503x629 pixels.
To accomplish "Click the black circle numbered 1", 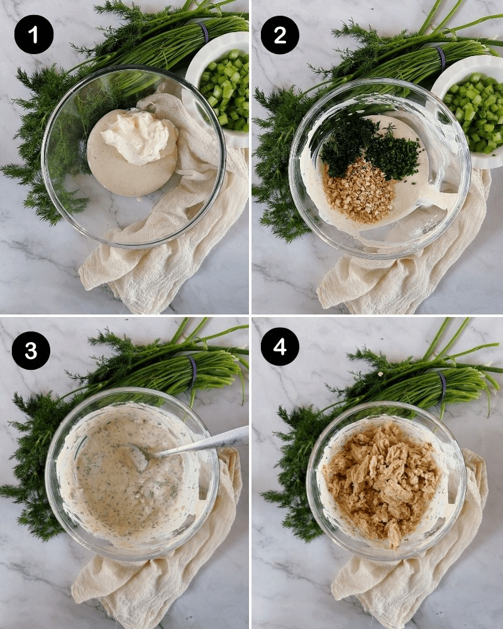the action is tap(34, 35).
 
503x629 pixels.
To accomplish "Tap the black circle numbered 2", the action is tap(280, 35).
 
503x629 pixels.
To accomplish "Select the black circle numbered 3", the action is tap(31, 350).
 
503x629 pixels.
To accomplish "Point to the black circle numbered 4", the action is tap(280, 346).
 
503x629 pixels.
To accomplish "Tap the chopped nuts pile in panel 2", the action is tap(359, 190).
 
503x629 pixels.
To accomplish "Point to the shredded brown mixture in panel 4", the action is tap(382, 483).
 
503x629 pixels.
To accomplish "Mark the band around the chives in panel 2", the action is tap(441, 58).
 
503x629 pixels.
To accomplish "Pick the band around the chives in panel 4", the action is tap(442, 385).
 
